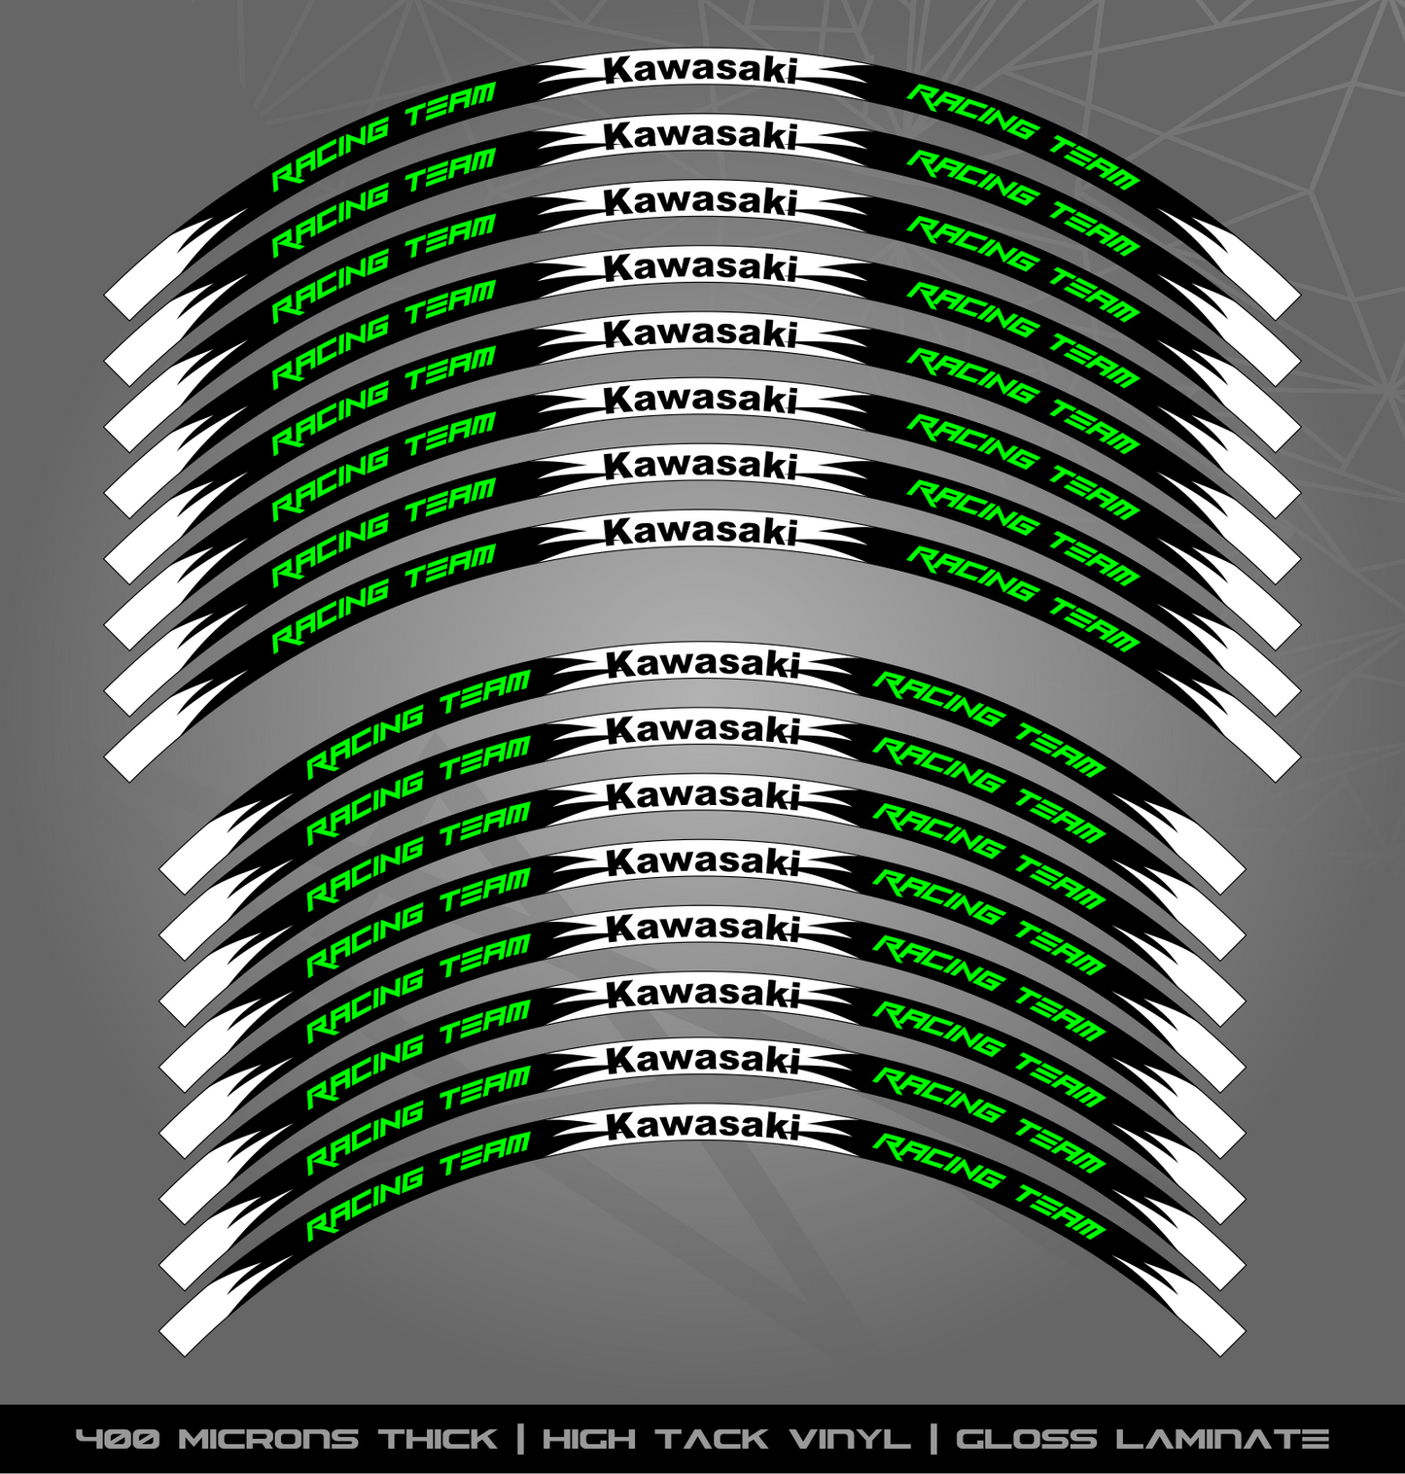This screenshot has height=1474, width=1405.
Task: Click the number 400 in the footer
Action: pos(119,1439)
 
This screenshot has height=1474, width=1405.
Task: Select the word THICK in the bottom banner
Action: pos(438,1439)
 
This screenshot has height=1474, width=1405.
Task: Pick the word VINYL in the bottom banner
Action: pos(850,1439)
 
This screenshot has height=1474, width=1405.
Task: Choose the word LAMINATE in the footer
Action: pos(1222,1439)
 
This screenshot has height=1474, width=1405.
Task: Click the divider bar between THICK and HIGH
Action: pos(520,1439)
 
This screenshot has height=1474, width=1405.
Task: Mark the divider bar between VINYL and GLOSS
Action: pos(934,1439)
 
